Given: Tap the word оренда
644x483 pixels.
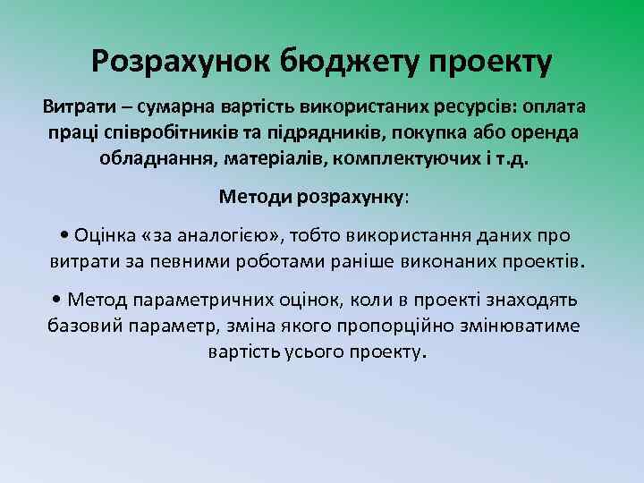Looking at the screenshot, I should tap(546, 132).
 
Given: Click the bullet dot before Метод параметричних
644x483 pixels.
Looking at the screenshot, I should tap(59, 300).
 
